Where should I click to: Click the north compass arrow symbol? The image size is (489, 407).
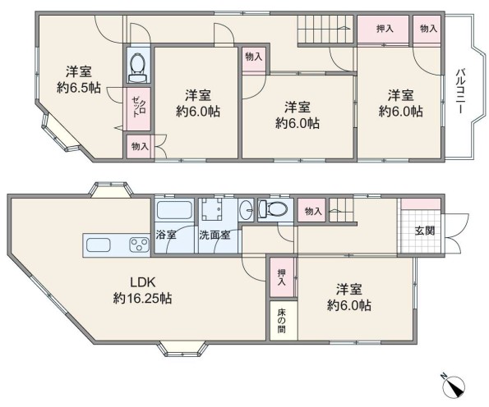click(x=454, y=386)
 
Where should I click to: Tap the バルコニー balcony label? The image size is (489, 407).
click(x=460, y=91)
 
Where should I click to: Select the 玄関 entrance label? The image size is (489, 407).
click(x=425, y=231)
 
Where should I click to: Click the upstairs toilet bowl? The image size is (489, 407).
click(x=137, y=63)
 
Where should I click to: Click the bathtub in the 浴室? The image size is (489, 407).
click(x=174, y=209)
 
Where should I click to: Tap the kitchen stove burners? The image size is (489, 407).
click(x=139, y=245)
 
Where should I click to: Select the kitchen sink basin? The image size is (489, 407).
click(x=99, y=245)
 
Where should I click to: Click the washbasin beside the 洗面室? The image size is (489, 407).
click(x=247, y=209)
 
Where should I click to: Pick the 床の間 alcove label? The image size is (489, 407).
click(x=282, y=321)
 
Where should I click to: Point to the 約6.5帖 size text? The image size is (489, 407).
click(x=79, y=88)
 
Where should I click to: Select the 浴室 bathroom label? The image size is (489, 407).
click(x=166, y=235)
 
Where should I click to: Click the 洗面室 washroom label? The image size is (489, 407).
click(x=215, y=235)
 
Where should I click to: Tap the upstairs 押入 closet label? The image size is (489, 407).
click(x=385, y=29)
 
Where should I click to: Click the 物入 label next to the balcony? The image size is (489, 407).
click(x=428, y=29)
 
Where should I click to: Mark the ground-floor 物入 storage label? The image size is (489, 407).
click(x=313, y=212)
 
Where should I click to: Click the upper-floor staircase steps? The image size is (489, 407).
click(x=325, y=29)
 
